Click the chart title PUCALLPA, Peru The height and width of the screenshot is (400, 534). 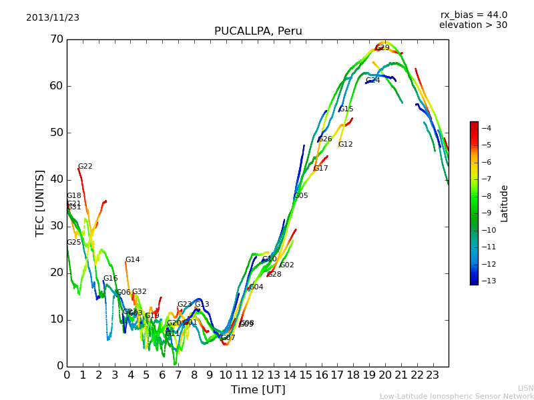pyautogui.click(x=258, y=31)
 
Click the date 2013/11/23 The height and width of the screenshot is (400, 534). pyautogui.click(x=53, y=18)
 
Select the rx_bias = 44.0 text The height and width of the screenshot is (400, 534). pyautogui.click(x=473, y=15)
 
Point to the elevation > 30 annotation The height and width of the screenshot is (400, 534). pyautogui.click(x=473, y=25)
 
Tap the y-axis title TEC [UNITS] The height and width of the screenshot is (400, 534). pyautogui.click(x=40, y=203)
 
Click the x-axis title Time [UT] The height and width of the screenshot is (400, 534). pyautogui.click(x=258, y=389)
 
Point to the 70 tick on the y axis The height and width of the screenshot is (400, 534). pyautogui.click(x=55, y=39)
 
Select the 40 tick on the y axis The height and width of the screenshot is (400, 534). pyautogui.click(x=55, y=179)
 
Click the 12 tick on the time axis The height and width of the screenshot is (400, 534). pyautogui.click(x=258, y=375)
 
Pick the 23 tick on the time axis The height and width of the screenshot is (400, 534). pyautogui.click(x=433, y=375)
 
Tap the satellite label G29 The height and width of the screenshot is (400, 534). pyautogui.click(x=382, y=48)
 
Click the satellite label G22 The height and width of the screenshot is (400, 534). pyautogui.click(x=85, y=167)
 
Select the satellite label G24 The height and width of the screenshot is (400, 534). pyautogui.click(x=372, y=81)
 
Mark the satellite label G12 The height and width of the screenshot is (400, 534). pyautogui.click(x=345, y=145)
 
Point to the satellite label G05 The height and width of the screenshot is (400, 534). pyautogui.click(x=301, y=196)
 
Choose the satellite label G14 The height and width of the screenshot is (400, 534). pyautogui.click(x=132, y=260)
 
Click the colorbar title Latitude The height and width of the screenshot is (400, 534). pyautogui.click(x=505, y=203)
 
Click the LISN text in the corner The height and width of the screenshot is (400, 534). pyautogui.click(x=525, y=388)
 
